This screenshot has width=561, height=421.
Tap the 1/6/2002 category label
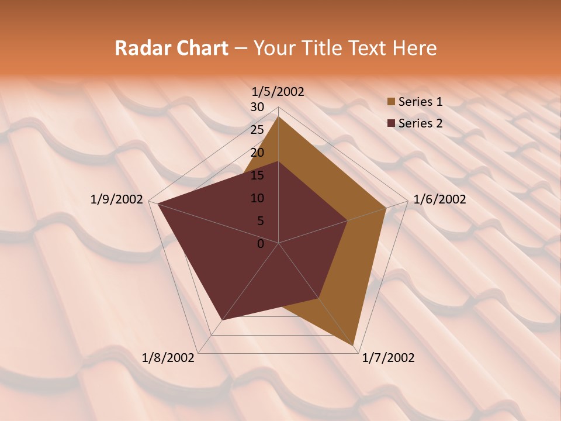click(439, 199)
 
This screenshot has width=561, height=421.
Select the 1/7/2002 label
click(388, 358)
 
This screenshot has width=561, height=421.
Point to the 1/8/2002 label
click(168, 358)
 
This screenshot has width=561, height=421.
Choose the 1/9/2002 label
click(117, 199)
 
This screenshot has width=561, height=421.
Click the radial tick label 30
click(257, 107)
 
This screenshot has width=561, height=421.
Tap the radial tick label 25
click(257, 130)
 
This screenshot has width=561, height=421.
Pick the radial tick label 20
click(257, 153)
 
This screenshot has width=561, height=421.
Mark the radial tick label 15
click(257, 175)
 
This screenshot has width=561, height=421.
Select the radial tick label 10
click(257, 198)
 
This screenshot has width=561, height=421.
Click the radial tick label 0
click(261, 244)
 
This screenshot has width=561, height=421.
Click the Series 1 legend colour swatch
click(391, 102)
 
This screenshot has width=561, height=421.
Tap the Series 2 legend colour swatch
click(391, 123)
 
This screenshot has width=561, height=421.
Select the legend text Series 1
click(420, 102)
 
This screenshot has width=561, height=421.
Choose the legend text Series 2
click(420, 123)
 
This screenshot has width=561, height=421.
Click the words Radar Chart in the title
click(171, 48)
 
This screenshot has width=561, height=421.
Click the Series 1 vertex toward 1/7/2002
click(354, 345)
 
